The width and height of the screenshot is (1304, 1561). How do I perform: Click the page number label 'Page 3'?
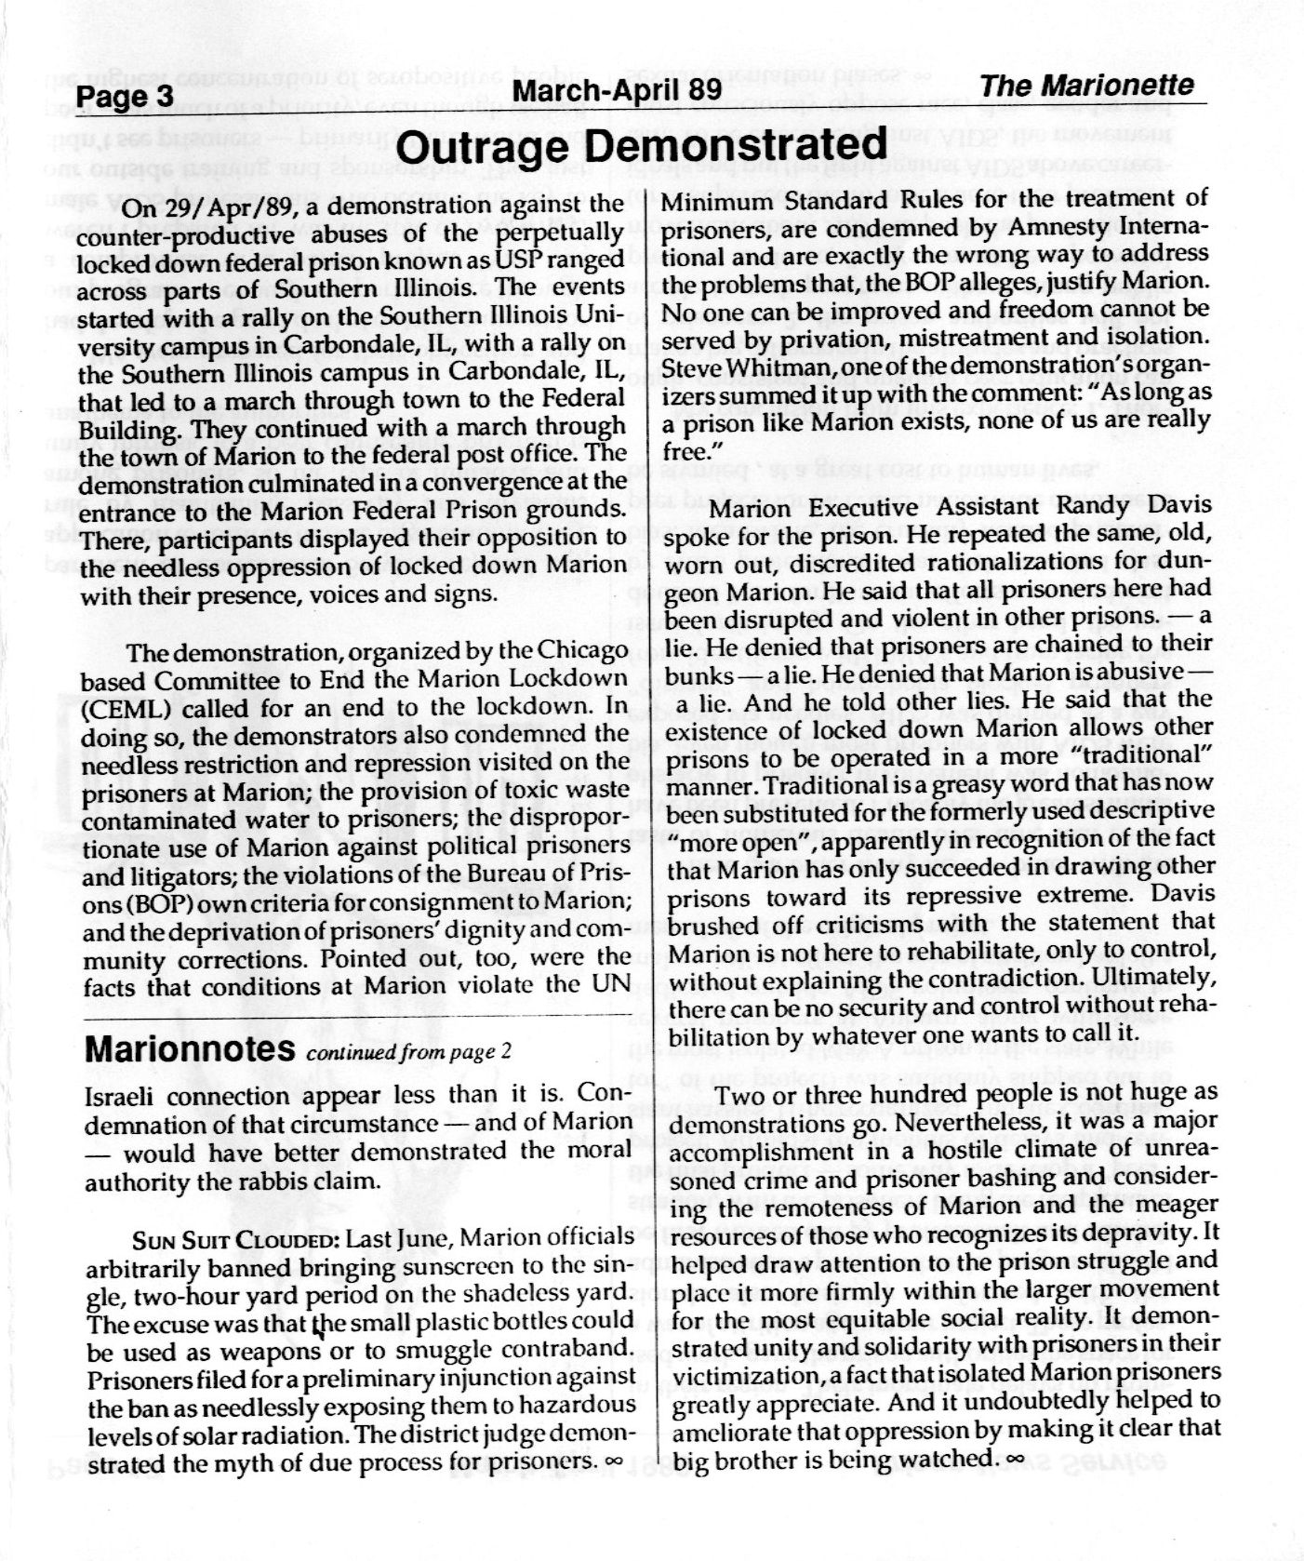[x=125, y=97]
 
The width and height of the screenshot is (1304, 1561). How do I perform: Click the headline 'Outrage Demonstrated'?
[x=642, y=146]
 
